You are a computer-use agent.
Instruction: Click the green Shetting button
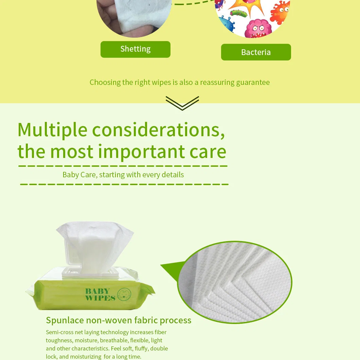(x=136, y=49)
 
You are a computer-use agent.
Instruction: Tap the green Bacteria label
(x=256, y=52)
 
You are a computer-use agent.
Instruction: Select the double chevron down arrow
(x=182, y=103)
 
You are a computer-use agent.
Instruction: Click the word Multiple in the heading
(x=52, y=130)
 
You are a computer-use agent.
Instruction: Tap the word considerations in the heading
(x=158, y=130)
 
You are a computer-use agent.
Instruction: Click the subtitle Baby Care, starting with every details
(x=123, y=175)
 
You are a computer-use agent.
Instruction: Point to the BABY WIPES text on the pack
(x=100, y=294)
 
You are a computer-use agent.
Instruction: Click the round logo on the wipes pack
(x=124, y=294)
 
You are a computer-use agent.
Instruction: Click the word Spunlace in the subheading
(x=65, y=321)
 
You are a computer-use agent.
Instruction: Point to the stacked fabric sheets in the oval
(x=235, y=282)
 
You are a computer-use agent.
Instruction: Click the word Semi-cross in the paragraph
(x=60, y=332)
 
